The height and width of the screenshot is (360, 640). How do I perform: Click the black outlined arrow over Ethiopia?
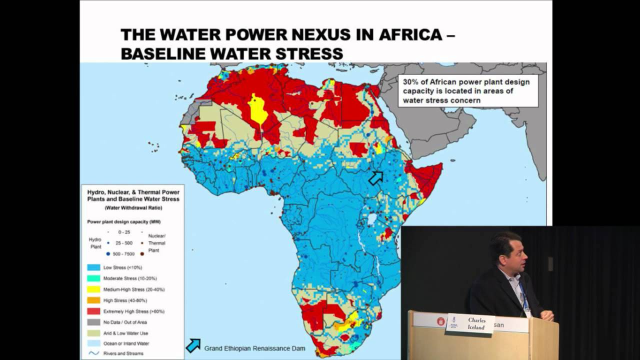pos(376,177)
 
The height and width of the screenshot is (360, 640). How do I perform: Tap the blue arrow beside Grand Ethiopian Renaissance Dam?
pos(193,345)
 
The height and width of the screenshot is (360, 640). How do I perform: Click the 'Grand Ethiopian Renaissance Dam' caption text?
pos(254,348)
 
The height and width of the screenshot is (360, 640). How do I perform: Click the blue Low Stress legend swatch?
pos(93,267)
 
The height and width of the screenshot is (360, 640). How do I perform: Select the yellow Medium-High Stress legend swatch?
pos(93,289)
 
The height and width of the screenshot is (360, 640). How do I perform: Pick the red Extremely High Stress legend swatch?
pos(93,311)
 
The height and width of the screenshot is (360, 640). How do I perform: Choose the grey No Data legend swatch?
pos(93,322)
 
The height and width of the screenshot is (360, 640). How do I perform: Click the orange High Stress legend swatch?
pos(93,300)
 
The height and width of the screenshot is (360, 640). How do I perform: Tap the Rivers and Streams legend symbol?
pos(93,353)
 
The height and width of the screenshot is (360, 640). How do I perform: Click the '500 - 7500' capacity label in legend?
pos(123,254)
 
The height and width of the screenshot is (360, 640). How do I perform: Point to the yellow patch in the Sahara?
pos(258,109)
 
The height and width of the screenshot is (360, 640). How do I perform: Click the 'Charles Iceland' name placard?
pos(470,323)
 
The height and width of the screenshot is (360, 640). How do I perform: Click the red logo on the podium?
pos(441,321)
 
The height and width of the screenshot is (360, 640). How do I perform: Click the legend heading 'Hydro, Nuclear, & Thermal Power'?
pos(133,192)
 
